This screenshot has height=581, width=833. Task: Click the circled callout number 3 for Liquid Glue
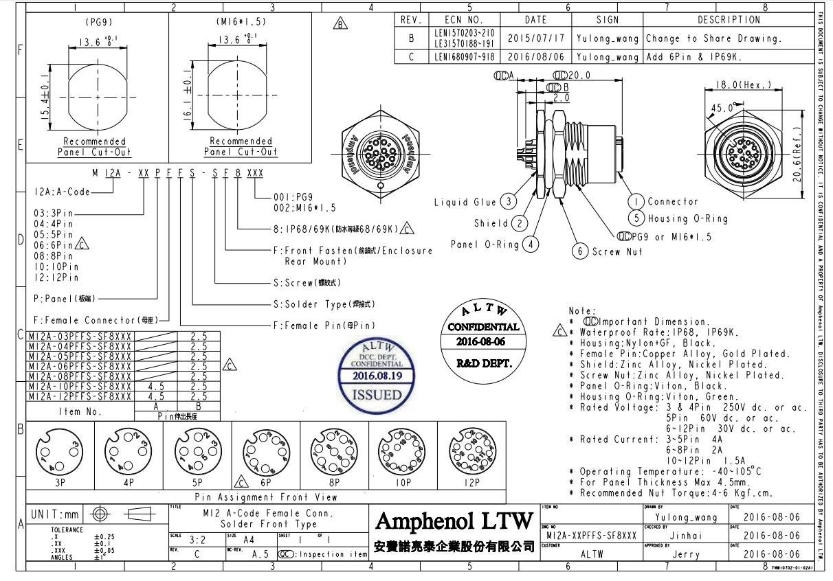tap(508, 201)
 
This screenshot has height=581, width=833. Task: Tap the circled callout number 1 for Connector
tap(636, 201)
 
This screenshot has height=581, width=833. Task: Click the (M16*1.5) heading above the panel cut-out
tap(241, 21)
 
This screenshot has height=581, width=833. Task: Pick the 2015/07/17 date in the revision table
tap(535, 38)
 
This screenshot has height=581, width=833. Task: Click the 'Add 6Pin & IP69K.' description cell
tap(693, 57)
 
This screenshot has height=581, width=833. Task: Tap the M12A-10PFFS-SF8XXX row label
tap(79, 386)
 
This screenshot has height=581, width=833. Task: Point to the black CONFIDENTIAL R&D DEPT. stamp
tap(484, 334)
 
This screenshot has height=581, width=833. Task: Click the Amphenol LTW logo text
tap(454, 521)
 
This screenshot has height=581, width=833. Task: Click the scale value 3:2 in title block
tap(197, 540)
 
